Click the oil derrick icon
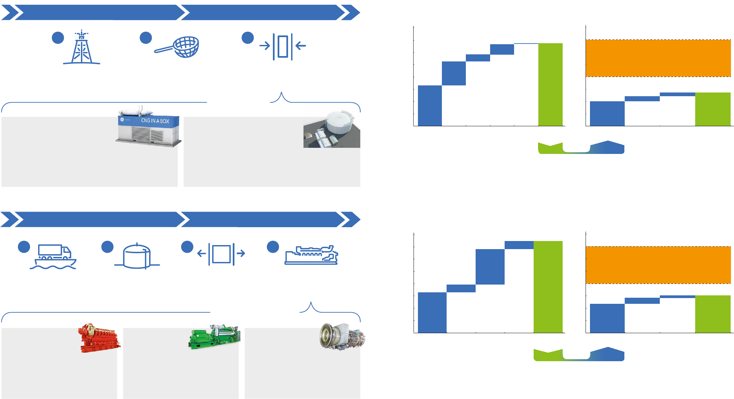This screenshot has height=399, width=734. pos(82,48)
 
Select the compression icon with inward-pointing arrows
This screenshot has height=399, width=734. pos(283,46)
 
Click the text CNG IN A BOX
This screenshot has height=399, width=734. pos(155,121)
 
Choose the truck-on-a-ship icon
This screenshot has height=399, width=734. pos(53,257)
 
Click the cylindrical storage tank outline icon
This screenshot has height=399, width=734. pos(137,256)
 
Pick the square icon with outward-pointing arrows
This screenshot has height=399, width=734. pos(221,254)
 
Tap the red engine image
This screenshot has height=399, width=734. pos(99,338)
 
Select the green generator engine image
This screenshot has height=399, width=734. pos(215,337)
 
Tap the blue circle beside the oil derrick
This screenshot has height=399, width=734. pos(58,38)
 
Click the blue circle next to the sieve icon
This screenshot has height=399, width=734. pos(146,38)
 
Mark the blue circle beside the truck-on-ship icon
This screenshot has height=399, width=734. pos(24,247)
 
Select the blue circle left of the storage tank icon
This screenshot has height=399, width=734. pos(107,247)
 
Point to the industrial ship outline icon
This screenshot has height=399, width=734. pos(311,255)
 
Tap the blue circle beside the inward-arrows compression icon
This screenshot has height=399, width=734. pos(248,38)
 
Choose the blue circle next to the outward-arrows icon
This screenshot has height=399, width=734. pos(187,247)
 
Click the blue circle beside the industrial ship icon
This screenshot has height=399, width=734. pos(273,247)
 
